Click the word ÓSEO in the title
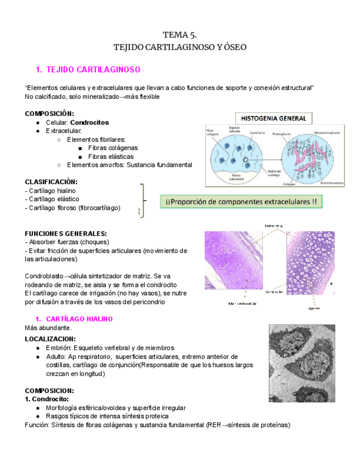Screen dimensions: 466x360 pos(232,47)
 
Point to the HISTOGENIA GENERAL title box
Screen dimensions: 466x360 pos(270,118)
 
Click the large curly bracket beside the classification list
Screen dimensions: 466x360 pos(144,201)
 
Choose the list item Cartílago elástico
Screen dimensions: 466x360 pos(52,199)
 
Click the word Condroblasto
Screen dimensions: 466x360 pos(45,276)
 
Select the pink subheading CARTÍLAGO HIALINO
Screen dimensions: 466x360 pos(79,319)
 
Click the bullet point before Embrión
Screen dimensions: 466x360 pos(37,348)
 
